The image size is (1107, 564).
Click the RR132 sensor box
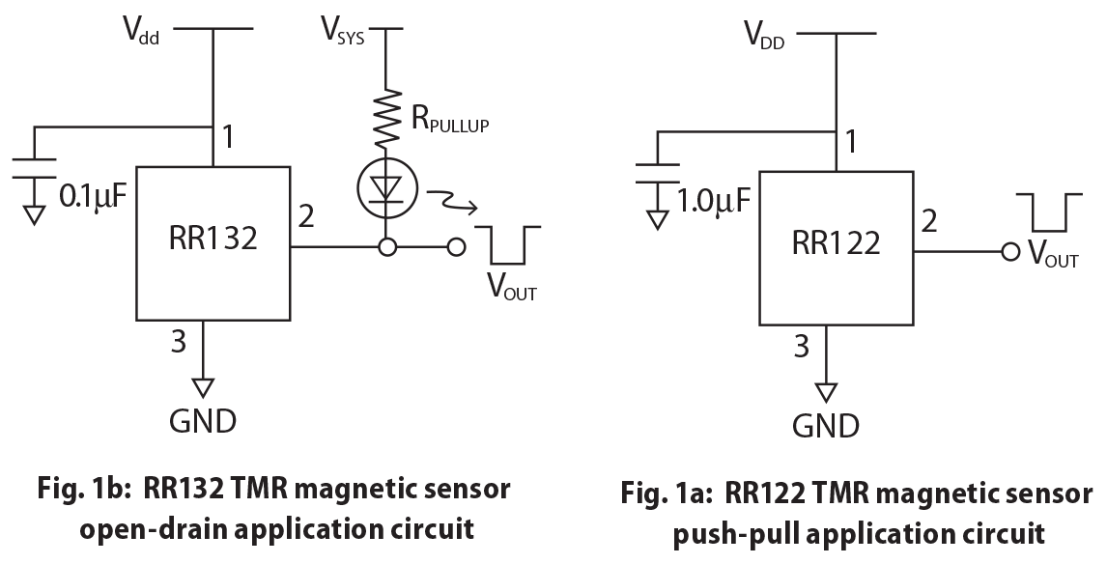click(213, 244)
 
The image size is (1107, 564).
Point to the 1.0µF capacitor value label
click(714, 202)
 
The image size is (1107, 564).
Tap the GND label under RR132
click(203, 421)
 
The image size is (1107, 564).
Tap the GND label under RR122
click(826, 426)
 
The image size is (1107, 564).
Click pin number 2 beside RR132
click(306, 216)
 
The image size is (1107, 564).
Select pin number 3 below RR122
click(802, 346)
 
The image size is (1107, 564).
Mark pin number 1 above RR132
click(228, 138)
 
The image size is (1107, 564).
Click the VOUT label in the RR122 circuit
click(1052, 256)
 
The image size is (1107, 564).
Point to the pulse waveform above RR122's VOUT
click(1047, 211)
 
